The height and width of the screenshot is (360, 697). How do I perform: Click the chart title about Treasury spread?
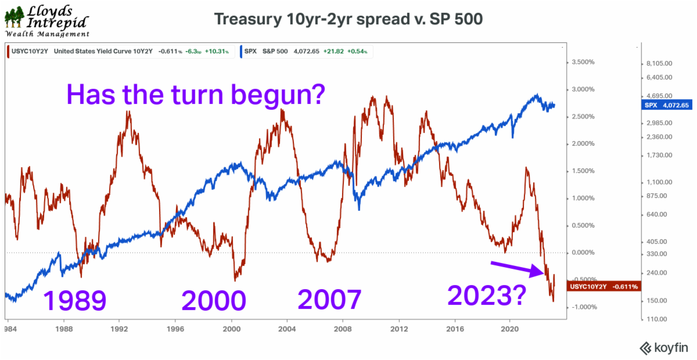[x=348, y=19]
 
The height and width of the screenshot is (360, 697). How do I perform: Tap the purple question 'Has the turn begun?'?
[x=195, y=93]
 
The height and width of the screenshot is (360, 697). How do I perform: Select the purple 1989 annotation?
[x=75, y=301]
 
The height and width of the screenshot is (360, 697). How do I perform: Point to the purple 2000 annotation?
[x=213, y=301]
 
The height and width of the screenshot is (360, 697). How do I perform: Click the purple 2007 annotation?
[x=329, y=300]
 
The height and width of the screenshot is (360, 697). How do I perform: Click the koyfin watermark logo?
[x=663, y=348]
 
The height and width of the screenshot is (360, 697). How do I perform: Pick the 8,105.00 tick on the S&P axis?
[x=659, y=63]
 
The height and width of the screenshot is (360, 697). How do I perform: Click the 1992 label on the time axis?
[x=119, y=327]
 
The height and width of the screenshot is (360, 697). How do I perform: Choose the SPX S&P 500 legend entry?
[x=305, y=52]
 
